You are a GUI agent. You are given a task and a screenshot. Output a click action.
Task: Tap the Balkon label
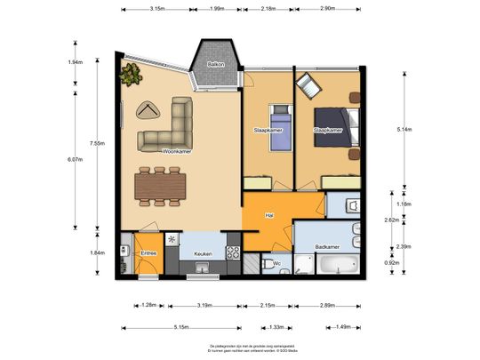[216, 65]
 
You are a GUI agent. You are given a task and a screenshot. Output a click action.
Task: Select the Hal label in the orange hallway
[268, 215]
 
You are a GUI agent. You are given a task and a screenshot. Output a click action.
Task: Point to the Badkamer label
[328, 246]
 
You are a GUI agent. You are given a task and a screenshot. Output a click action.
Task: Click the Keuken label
[204, 253]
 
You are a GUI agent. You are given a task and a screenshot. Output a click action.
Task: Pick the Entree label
[149, 253]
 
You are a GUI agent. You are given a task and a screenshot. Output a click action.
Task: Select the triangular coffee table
[148, 110]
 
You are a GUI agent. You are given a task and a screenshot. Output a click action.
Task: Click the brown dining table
[159, 186]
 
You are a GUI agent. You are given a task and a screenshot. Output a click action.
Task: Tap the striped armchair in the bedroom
[308, 84]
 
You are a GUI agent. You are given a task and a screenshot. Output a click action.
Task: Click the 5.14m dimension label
[404, 130]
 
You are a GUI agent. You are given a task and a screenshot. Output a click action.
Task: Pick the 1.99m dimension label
[216, 9]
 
